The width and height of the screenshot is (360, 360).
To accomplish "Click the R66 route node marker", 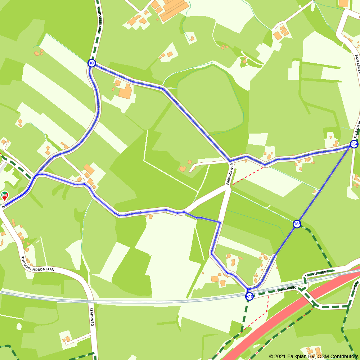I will pyautogui.click(x=92, y=63).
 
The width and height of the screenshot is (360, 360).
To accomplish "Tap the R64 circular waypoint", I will pyautogui.click(x=354, y=144).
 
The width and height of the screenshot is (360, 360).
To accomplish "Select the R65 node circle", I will pyautogui.click(x=297, y=224).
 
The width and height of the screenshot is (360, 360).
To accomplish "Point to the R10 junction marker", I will pyautogui.click(x=249, y=297).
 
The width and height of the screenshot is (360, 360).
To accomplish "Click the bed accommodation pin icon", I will pyautogui.click(x=5, y=195).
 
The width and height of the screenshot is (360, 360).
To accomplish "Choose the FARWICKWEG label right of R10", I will pyautogui.click(x=285, y=289).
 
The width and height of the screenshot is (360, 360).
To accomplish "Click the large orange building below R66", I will pyautogui.click(x=125, y=92).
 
